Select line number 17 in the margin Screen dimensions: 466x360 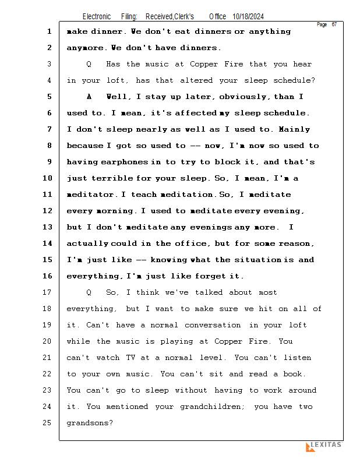48,292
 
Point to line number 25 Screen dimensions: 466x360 48,423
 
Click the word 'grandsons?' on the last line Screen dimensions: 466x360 90,423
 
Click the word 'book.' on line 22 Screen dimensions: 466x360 294,374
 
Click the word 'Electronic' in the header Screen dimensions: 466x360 97,17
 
